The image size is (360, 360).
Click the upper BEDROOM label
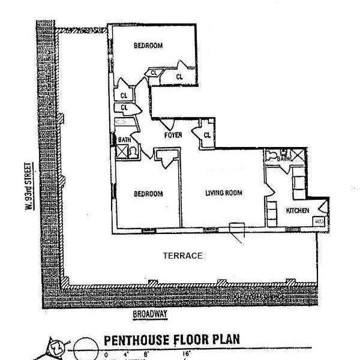coord(148,46)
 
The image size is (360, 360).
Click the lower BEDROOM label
coord(148,194)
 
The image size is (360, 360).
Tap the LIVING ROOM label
coord(223,193)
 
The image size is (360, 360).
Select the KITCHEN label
coord(298,211)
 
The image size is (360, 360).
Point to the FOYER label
coord(173,135)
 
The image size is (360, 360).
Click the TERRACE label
coord(182,256)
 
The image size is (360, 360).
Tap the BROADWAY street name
coord(149,314)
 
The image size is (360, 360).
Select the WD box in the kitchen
coord(319,221)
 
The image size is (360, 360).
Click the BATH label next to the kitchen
coord(283,158)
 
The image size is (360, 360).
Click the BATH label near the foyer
coord(124,140)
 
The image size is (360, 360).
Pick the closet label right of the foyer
coord(207,135)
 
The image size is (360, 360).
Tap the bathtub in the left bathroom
coord(124,123)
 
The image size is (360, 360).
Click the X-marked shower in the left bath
coord(122,151)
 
